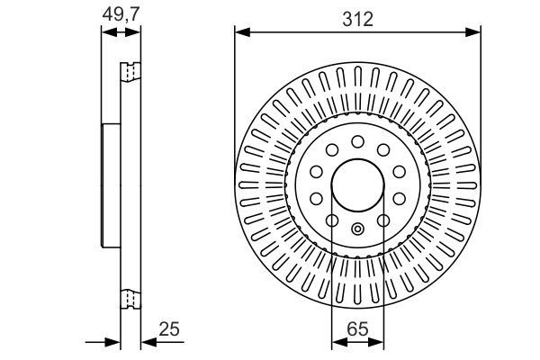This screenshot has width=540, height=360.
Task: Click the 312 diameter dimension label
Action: click(x=357, y=19)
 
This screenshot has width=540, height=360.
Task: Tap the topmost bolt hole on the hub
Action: click(x=357, y=141)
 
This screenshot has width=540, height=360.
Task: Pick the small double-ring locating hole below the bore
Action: click(x=357, y=228)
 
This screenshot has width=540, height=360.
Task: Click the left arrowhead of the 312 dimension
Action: click(x=240, y=34)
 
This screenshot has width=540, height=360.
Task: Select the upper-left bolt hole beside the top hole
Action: click(x=332, y=149)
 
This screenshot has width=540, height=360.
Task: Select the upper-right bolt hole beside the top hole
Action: click(x=382, y=149)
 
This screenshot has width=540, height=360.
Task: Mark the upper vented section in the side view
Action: click(x=131, y=71)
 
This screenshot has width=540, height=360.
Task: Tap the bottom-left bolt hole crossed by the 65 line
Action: click(x=332, y=220)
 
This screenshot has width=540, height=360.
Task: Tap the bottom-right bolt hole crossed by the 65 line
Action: click(x=382, y=220)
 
